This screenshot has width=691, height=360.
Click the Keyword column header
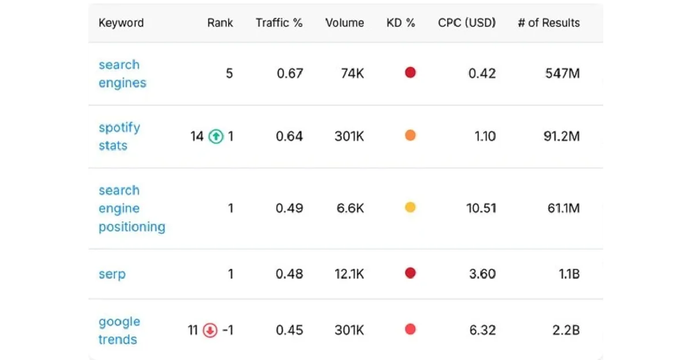click(121, 23)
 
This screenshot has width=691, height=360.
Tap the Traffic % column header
click(279, 23)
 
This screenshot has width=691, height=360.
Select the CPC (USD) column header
click(467, 23)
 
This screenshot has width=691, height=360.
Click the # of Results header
click(549, 23)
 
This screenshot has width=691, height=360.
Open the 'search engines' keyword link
click(122, 74)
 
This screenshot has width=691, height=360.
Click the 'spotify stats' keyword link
click(119, 137)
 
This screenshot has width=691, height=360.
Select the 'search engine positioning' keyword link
click(132, 208)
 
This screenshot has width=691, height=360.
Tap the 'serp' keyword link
click(112, 274)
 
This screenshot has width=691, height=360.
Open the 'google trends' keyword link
click(119, 331)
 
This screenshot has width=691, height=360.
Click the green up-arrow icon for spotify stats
click(216, 137)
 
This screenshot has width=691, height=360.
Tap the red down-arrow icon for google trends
click(210, 331)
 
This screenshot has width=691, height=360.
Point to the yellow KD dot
click(410, 208)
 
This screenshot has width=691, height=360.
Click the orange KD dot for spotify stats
click(410, 136)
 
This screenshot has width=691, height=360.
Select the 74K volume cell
click(352, 73)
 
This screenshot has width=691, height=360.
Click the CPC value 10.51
click(481, 208)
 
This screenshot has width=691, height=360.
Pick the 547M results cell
click(562, 73)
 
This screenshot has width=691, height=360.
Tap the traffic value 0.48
click(289, 274)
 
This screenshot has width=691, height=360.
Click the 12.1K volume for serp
click(350, 274)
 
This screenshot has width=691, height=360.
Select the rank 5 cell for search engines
click(230, 73)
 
